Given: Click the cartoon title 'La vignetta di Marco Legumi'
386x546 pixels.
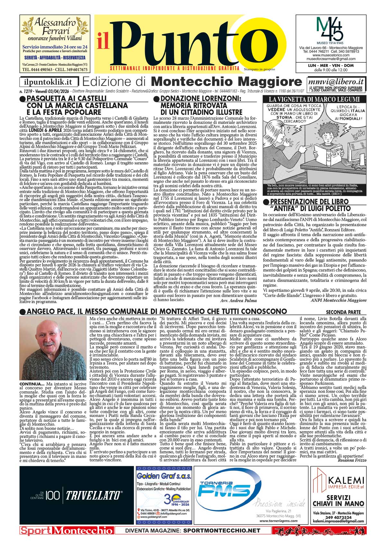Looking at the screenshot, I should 314,99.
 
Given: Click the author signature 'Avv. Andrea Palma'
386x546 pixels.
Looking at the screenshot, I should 239,301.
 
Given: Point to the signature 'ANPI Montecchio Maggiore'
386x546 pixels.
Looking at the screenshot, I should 338,300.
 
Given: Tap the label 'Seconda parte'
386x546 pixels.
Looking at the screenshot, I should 343,312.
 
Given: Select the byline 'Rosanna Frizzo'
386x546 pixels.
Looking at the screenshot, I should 352,460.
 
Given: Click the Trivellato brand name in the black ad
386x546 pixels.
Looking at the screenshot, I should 94,495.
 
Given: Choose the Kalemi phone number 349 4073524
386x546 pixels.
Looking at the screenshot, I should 338,517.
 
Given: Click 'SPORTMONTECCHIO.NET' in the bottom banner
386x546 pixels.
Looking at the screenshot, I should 222,531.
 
